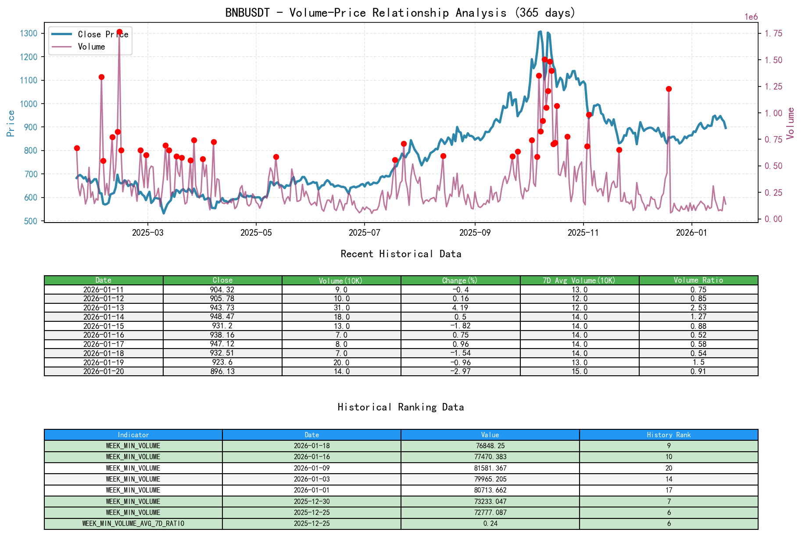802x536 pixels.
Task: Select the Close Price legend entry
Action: [103, 35]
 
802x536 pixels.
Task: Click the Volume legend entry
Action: [91, 47]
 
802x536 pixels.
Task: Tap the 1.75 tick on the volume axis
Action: [773, 33]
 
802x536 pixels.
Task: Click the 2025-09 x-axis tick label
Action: [475, 233]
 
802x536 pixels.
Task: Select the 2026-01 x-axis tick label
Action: [691, 233]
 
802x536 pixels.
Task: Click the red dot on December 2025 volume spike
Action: [669, 89]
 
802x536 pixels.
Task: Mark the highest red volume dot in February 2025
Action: [119, 32]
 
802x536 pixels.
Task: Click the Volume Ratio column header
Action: [698, 280]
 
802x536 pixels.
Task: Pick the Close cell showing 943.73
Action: [222, 308]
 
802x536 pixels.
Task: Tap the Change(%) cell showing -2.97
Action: [460, 371]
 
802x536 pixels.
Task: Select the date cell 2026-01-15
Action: [104, 326]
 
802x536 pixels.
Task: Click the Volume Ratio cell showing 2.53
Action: [698, 308]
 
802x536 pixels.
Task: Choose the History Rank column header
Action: [668, 435]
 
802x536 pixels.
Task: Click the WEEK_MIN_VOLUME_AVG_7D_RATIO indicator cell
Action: [133, 524]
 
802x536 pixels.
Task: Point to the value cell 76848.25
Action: [490, 446]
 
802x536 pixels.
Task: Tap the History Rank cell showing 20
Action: [668, 468]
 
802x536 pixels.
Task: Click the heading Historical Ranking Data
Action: [401, 407]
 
